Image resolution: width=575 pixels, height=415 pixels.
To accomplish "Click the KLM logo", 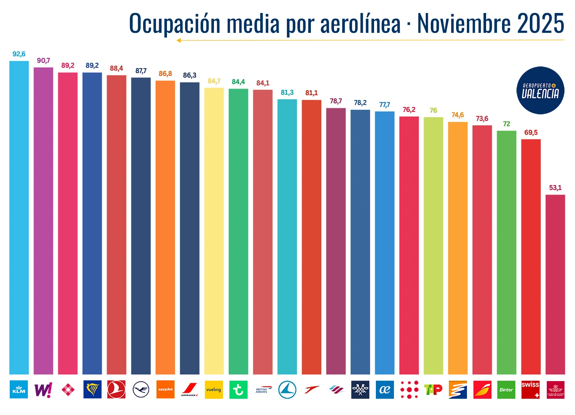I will pos(19,389).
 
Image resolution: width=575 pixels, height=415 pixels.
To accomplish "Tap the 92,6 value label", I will pos(19,54).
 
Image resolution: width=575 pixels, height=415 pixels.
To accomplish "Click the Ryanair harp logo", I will pos(92,389).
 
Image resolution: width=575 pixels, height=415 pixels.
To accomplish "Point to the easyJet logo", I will pos(165,389).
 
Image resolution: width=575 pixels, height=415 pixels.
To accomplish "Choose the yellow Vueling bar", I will pos(214,231).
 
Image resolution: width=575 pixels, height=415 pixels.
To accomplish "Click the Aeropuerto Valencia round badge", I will pos(540,90).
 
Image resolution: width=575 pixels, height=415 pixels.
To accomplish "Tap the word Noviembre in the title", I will pos(464,23).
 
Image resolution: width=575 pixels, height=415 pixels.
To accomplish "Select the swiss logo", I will pos(530,389).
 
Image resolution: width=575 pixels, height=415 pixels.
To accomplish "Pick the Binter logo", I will pos(506,389).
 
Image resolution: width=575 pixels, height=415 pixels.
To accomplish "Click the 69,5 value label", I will pos(531,132).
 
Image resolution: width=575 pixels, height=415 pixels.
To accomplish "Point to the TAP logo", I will pos(433,389).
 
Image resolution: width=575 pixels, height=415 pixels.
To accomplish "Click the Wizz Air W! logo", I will pos(43,389).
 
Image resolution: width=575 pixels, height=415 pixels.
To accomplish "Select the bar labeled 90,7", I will pos(43,220).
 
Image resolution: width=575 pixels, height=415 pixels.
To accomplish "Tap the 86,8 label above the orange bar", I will pos(165,74).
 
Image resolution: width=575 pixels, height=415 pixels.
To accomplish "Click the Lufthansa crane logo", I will pos(141,389).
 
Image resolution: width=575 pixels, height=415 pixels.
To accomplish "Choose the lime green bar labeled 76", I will pos(433,245).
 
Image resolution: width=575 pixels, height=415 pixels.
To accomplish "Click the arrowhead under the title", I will pos(179,40).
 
